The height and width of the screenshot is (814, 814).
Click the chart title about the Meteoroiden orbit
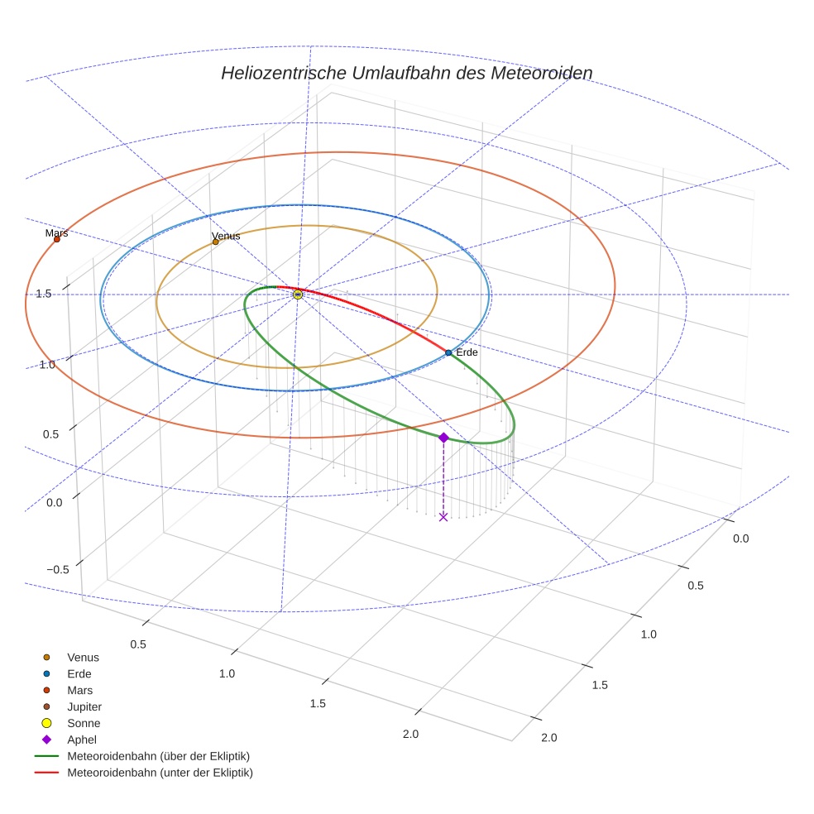[x=406, y=73]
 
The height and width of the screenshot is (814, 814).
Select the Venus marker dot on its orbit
[x=216, y=242]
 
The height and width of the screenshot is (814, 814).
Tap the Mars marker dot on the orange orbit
[x=57, y=239]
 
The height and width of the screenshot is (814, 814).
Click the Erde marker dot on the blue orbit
[x=448, y=352]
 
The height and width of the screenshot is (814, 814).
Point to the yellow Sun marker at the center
[x=298, y=294]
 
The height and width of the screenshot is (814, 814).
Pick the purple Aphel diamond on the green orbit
[x=443, y=437]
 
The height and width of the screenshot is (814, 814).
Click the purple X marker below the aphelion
[x=443, y=516]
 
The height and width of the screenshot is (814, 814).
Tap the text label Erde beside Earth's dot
[x=467, y=352]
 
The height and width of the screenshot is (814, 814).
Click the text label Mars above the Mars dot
[x=57, y=233]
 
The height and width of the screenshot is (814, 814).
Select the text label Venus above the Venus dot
[x=226, y=236]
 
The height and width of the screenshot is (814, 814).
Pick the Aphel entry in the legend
[x=81, y=740]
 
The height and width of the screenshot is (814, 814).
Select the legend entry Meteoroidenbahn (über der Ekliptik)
[x=158, y=756]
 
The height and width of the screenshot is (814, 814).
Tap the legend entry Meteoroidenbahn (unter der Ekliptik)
[x=160, y=773]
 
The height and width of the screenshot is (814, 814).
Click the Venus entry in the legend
[x=83, y=657]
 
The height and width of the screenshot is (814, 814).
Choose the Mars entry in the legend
[x=79, y=690]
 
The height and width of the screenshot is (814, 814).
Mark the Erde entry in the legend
[x=79, y=673]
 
